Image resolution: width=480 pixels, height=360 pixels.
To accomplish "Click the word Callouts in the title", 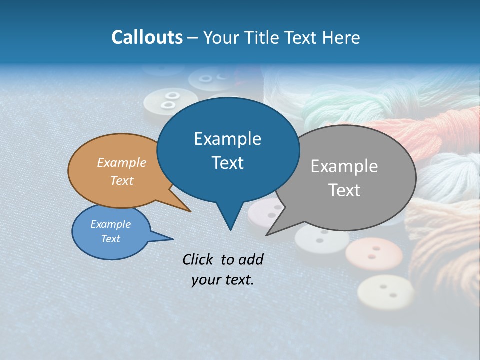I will [147, 37].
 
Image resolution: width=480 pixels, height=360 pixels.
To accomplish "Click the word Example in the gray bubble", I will [344, 166].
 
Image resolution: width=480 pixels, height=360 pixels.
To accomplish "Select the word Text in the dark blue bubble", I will [227, 163].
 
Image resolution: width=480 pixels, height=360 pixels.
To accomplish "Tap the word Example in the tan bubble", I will [122, 162].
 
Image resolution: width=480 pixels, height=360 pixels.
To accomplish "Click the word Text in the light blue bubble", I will [111, 239].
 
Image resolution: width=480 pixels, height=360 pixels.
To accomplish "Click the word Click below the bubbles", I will [198, 259].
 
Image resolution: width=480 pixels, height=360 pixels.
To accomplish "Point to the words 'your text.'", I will [223, 280].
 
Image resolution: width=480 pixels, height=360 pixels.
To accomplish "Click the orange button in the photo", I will [374, 253].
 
